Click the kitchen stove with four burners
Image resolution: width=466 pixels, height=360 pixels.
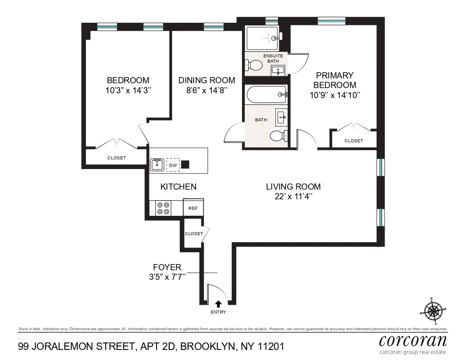pyautogui.click(x=164, y=208)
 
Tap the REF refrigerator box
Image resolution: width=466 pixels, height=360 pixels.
pyautogui.click(x=193, y=208)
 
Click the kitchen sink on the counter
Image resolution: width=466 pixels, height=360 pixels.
pyautogui.click(x=157, y=165)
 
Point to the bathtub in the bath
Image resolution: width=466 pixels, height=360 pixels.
pyautogui.click(x=266, y=94)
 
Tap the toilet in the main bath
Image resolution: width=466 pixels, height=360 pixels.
pyautogui.click(x=278, y=136)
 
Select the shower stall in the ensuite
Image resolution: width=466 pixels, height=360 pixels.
pyautogui.click(x=262, y=39)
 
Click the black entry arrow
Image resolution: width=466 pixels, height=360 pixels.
pyautogui.click(x=218, y=303)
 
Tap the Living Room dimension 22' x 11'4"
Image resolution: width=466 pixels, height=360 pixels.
pyautogui.click(x=293, y=197)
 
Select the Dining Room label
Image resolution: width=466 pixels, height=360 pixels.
pyautogui.click(x=206, y=81)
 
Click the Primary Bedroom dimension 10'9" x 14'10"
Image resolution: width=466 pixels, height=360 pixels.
pyautogui.click(x=334, y=95)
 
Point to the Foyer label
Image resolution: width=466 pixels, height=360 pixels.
pyautogui.click(x=167, y=267)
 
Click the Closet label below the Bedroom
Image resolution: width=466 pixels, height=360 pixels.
pyautogui.click(x=117, y=158)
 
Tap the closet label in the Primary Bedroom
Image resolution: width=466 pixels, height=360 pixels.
pyautogui.click(x=353, y=141)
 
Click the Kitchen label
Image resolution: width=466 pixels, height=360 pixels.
pyautogui.click(x=178, y=187)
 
